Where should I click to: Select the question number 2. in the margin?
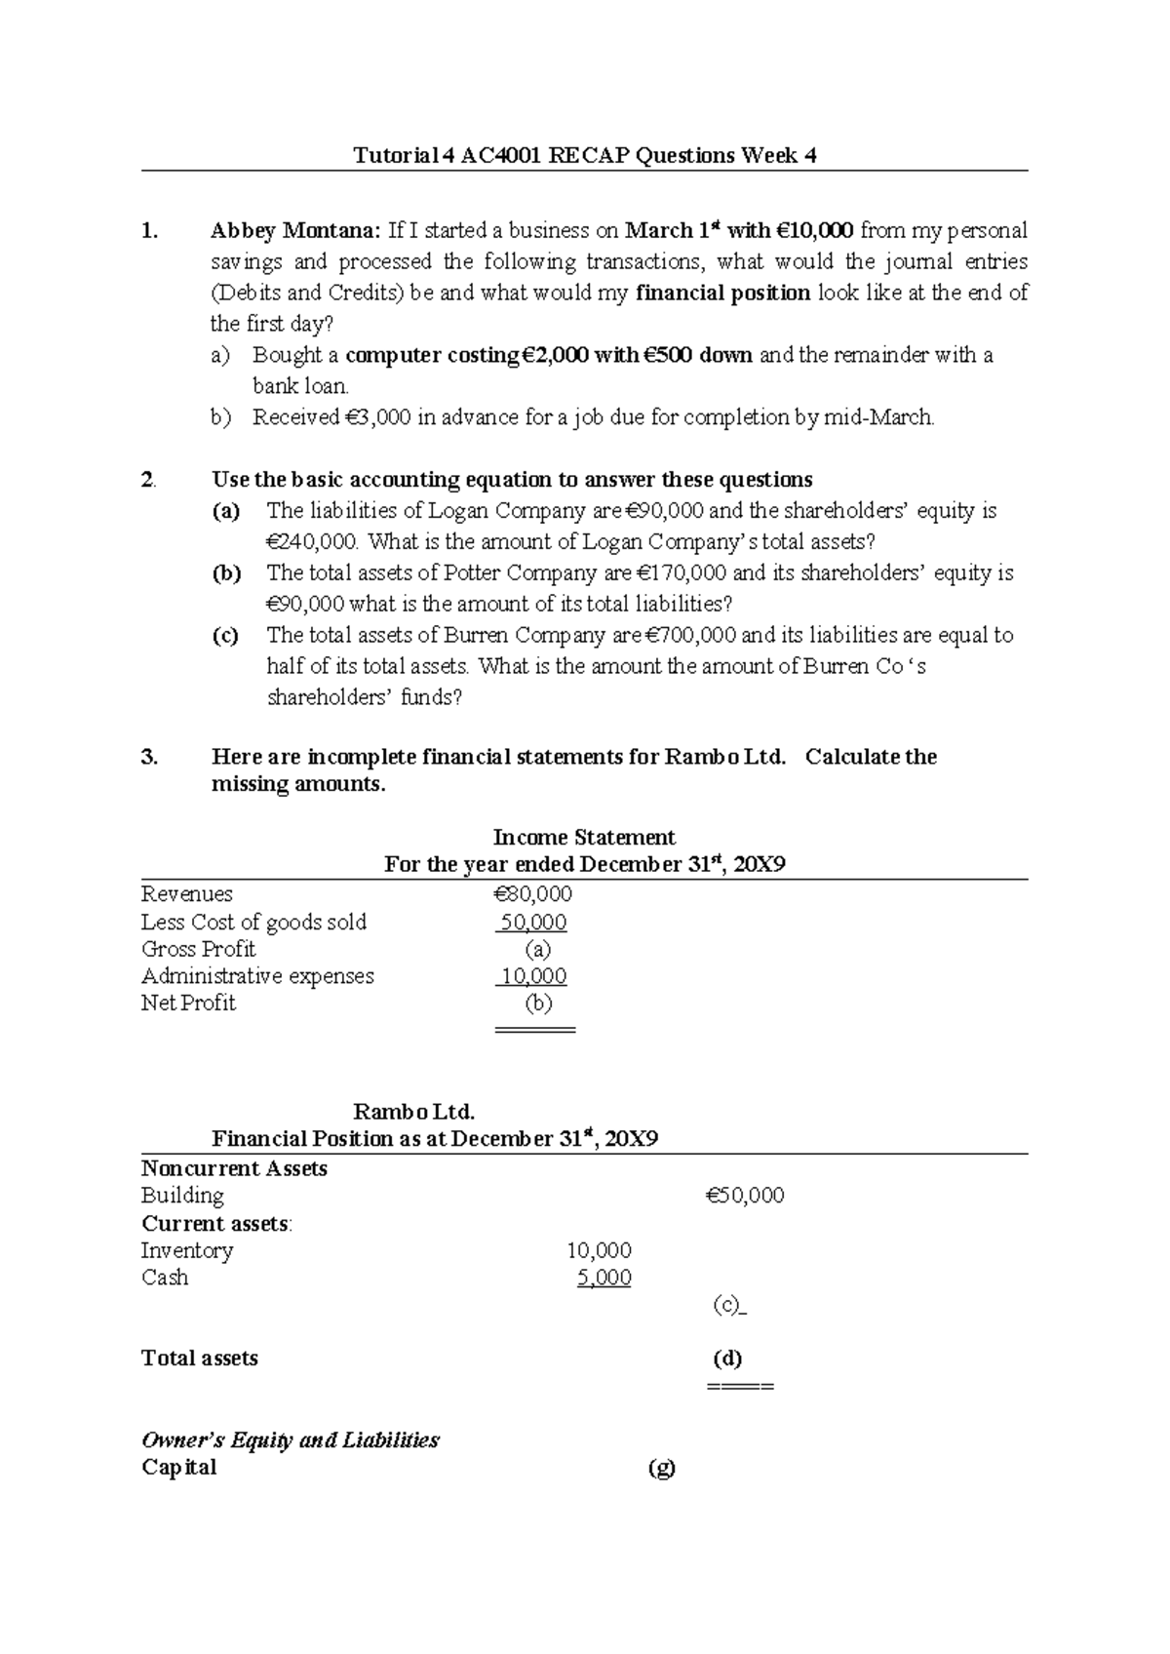point(148,480)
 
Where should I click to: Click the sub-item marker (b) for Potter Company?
point(226,573)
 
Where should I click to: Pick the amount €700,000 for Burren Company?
point(689,636)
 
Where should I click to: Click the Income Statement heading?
point(584,838)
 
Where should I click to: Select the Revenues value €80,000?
point(532,894)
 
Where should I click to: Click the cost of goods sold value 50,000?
point(532,923)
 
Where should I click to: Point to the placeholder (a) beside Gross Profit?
point(537,949)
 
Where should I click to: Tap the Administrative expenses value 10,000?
point(533,976)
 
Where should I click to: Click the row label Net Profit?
point(188,1004)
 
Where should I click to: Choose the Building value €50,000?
point(745,1196)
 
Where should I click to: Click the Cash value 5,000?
point(604,1278)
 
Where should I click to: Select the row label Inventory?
point(187,1250)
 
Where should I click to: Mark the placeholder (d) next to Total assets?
point(727,1359)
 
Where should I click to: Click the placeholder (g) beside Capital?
point(661,1468)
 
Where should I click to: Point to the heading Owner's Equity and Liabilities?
point(291,1440)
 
